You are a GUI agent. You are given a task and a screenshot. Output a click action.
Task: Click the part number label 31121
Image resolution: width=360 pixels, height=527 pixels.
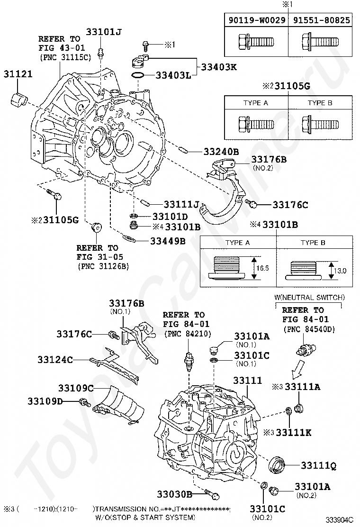coord(18,74)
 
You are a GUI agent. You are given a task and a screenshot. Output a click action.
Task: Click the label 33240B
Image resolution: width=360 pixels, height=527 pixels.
coord(221,152)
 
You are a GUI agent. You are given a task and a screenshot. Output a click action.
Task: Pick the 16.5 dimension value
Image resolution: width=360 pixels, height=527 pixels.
coord(261,267)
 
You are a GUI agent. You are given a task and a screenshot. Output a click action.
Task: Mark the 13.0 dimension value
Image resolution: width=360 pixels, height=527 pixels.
coord(340,271)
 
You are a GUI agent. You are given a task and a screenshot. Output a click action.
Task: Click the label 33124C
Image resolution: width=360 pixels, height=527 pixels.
coord(55,360)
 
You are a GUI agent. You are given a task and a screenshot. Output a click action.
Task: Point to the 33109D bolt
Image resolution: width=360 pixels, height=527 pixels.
coord(85,403)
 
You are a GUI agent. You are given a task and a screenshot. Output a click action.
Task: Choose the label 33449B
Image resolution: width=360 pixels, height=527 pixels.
coord(167,241)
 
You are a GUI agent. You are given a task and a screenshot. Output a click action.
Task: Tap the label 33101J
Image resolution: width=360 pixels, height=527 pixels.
coord(104,32)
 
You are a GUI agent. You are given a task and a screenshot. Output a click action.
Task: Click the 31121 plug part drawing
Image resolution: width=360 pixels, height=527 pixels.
coord(18,100)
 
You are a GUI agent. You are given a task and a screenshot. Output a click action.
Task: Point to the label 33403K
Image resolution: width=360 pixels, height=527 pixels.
coord(219,67)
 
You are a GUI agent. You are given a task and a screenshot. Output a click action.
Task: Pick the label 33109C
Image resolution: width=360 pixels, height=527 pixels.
coord(76,388)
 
